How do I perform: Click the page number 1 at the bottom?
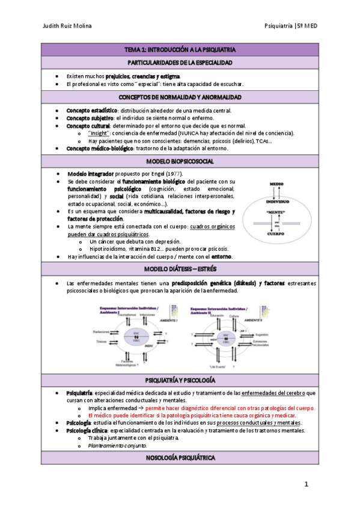click(306, 484)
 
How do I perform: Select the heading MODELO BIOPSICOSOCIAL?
click(180, 162)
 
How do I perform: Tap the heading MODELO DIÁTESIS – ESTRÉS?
click(180, 268)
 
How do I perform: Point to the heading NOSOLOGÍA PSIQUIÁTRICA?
click(180, 458)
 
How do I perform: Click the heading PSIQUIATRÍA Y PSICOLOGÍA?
click(180, 381)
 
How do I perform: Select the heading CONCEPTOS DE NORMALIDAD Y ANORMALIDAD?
click(180, 97)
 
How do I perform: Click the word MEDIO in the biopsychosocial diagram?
click(276, 183)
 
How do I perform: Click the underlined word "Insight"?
click(98, 133)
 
